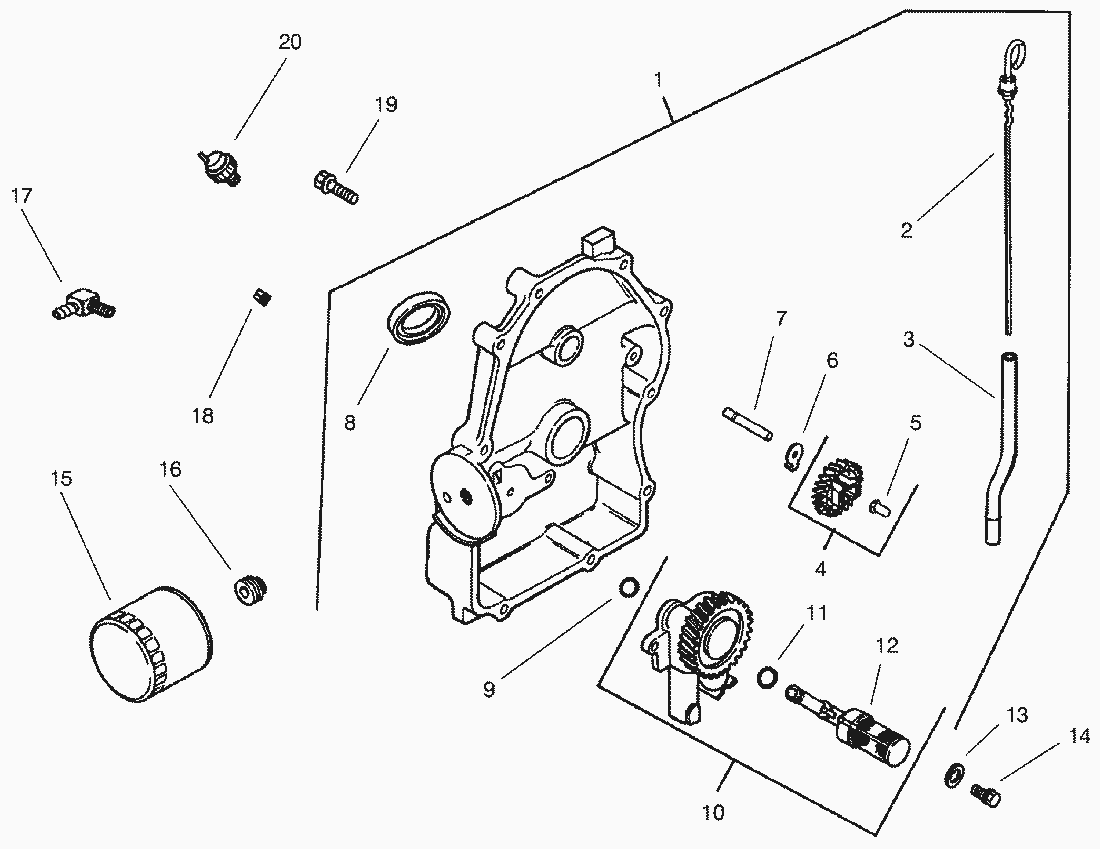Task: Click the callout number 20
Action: click(x=289, y=42)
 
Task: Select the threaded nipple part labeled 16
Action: click(x=251, y=590)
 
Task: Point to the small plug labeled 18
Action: click(x=263, y=296)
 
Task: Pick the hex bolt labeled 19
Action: click(x=334, y=186)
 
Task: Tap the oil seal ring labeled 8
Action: click(x=420, y=317)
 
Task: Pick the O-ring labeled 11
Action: click(x=766, y=678)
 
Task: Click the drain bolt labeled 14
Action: click(x=984, y=793)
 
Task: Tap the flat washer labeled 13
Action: click(x=954, y=771)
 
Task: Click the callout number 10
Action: click(x=712, y=811)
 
